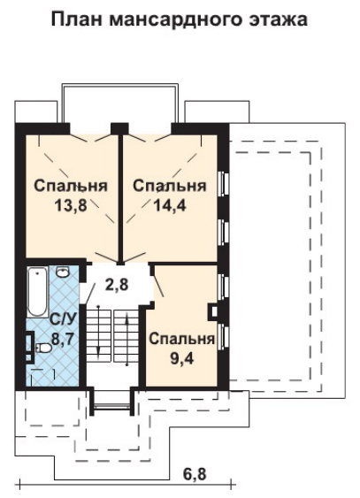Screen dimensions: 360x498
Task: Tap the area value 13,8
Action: (x=71, y=206)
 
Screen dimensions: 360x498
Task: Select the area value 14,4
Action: (x=170, y=206)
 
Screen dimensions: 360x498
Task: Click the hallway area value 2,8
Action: (x=117, y=285)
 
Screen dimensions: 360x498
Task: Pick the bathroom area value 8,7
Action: (x=63, y=339)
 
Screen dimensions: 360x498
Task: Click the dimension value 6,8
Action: (x=195, y=474)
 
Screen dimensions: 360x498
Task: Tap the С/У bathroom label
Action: (x=63, y=320)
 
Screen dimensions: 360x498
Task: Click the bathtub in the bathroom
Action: (x=37, y=292)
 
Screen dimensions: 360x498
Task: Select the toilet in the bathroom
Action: (x=43, y=349)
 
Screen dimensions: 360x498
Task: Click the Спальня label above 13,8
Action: (x=71, y=186)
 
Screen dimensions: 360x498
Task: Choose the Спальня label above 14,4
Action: (x=170, y=186)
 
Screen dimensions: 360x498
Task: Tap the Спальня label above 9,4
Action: (x=182, y=339)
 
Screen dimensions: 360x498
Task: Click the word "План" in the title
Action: (x=76, y=19)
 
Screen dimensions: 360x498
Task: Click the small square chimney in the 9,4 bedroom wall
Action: (x=213, y=312)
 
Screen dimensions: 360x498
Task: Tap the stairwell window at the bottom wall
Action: (x=111, y=406)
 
